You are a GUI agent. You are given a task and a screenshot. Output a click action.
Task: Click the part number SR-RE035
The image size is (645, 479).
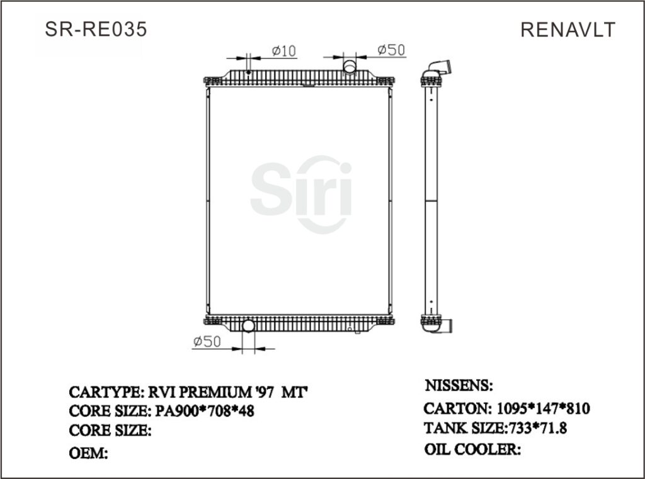96,30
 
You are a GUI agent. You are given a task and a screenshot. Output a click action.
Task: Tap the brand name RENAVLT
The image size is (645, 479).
568,30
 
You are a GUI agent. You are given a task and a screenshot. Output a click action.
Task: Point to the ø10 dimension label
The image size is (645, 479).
283,51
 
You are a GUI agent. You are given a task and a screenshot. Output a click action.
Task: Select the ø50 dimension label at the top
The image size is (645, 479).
391,50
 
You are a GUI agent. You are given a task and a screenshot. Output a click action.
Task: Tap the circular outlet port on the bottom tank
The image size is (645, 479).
248,326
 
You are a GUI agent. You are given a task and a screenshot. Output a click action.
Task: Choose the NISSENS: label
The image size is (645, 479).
459,385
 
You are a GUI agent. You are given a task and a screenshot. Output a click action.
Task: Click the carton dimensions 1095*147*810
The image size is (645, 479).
542,408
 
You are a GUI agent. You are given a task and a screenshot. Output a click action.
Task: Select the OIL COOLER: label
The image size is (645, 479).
472,449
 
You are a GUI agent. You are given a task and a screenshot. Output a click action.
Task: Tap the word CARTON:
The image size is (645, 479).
457,408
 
